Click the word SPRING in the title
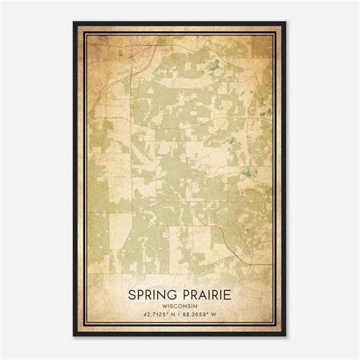pyautogui.click(x=153, y=295)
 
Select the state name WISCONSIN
pyautogui.click(x=181, y=308)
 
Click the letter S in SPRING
pyautogui.click(x=131, y=295)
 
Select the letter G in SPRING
pyautogui.click(x=174, y=295)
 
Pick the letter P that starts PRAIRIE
pyautogui.click(x=185, y=295)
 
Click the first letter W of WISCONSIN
pyautogui.click(x=165, y=308)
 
